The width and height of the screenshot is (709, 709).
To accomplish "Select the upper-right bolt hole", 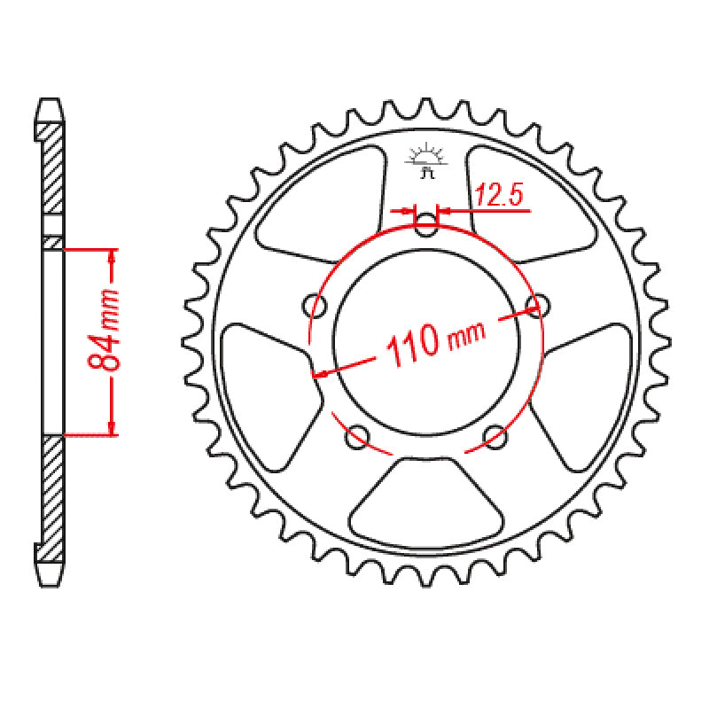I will [536, 306].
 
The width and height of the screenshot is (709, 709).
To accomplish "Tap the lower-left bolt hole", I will [358, 434].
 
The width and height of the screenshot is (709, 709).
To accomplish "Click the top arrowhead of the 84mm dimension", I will [112, 256].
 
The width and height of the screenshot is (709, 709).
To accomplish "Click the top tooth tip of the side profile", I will [52, 103].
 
